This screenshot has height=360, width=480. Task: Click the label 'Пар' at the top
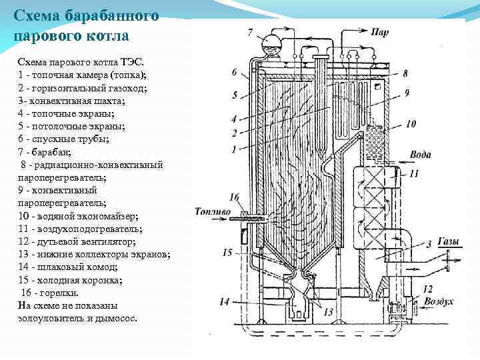pyautogui.click(x=381, y=31)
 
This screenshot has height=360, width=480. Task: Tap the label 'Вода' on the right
pyautogui.click(x=420, y=156)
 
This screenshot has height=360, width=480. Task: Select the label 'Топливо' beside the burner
pyautogui.click(x=213, y=213)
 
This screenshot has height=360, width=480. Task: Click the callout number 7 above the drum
pyautogui.click(x=250, y=32)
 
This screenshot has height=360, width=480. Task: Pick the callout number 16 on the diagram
pyautogui.click(x=233, y=197)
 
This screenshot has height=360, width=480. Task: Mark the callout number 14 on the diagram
pyautogui.click(x=225, y=302)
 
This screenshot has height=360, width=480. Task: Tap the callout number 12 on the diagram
pyautogui.click(x=427, y=289)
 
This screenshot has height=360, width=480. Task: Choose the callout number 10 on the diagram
pyautogui.click(x=411, y=124)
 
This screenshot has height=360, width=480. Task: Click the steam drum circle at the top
pyautogui.click(x=271, y=43)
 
